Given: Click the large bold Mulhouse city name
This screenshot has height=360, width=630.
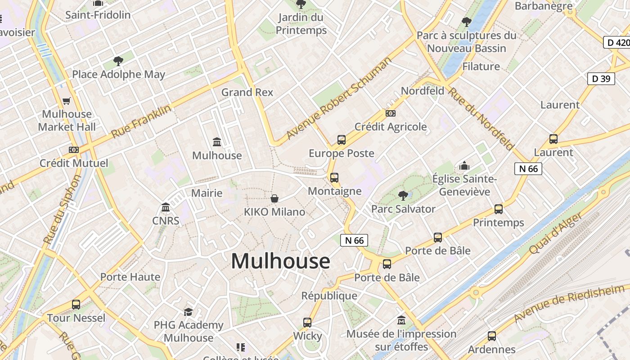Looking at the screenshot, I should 280,261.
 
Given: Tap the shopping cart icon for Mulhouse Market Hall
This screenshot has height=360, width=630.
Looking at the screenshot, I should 67,101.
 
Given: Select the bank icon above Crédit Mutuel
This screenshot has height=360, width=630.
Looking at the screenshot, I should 74,149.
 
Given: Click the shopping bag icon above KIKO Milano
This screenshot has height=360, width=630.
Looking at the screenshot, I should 274,198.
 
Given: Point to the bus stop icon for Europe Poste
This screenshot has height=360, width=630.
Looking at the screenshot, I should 342,140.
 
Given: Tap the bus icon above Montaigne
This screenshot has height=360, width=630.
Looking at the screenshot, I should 334,178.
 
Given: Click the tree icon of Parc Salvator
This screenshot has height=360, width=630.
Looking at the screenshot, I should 403,195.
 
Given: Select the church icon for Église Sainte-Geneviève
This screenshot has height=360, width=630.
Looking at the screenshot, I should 464,166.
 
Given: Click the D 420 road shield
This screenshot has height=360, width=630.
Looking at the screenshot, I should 616,43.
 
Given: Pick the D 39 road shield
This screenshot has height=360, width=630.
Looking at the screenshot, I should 601,79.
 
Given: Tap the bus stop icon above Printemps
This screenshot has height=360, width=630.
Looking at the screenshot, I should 499,209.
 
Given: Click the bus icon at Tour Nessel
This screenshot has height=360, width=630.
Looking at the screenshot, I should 76,305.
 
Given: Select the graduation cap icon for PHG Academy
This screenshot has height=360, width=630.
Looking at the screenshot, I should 188,311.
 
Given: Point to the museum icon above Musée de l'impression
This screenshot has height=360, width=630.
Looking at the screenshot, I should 401,320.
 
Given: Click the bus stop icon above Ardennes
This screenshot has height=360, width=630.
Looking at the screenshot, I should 492,336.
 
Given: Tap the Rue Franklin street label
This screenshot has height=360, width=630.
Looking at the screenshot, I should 141,121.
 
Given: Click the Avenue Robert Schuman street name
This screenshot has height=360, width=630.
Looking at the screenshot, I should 339,98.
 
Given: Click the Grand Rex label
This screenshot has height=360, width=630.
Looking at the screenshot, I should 247,92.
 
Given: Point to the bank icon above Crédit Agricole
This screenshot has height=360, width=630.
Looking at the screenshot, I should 391,113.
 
